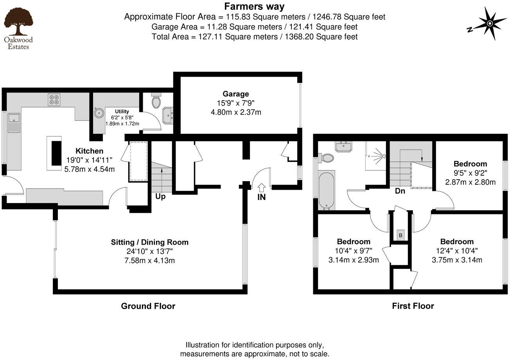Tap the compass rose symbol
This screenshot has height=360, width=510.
click(489, 24)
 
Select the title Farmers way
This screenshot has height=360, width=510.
click(254, 6)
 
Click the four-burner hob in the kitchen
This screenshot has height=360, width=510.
click(54, 100)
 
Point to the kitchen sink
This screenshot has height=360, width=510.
click(14, 122)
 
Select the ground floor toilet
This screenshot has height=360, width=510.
click(156, 101)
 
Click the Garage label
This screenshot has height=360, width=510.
click(235, 94)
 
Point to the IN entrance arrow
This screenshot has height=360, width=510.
click(261, 188)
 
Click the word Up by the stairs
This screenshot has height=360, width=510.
click(160, 196)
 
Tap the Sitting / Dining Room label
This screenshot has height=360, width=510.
click(149, 242)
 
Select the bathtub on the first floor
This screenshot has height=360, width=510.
click(327, 190)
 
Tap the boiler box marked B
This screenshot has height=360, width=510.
click(400, 235)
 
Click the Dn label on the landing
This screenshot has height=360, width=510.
click(400, 191)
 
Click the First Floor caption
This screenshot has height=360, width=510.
click(413, 306)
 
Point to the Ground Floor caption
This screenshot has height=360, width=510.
click(148, 306)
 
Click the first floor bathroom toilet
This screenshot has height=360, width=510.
click(326, 158)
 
